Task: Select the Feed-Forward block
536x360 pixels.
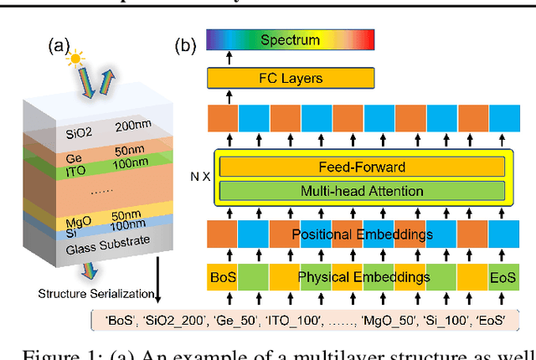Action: point(362,166)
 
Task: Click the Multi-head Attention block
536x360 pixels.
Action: point(362,189)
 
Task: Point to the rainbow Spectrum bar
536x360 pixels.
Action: point(290,39)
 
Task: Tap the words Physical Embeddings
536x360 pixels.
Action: point(364,277)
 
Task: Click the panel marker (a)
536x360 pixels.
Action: point(60,44)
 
